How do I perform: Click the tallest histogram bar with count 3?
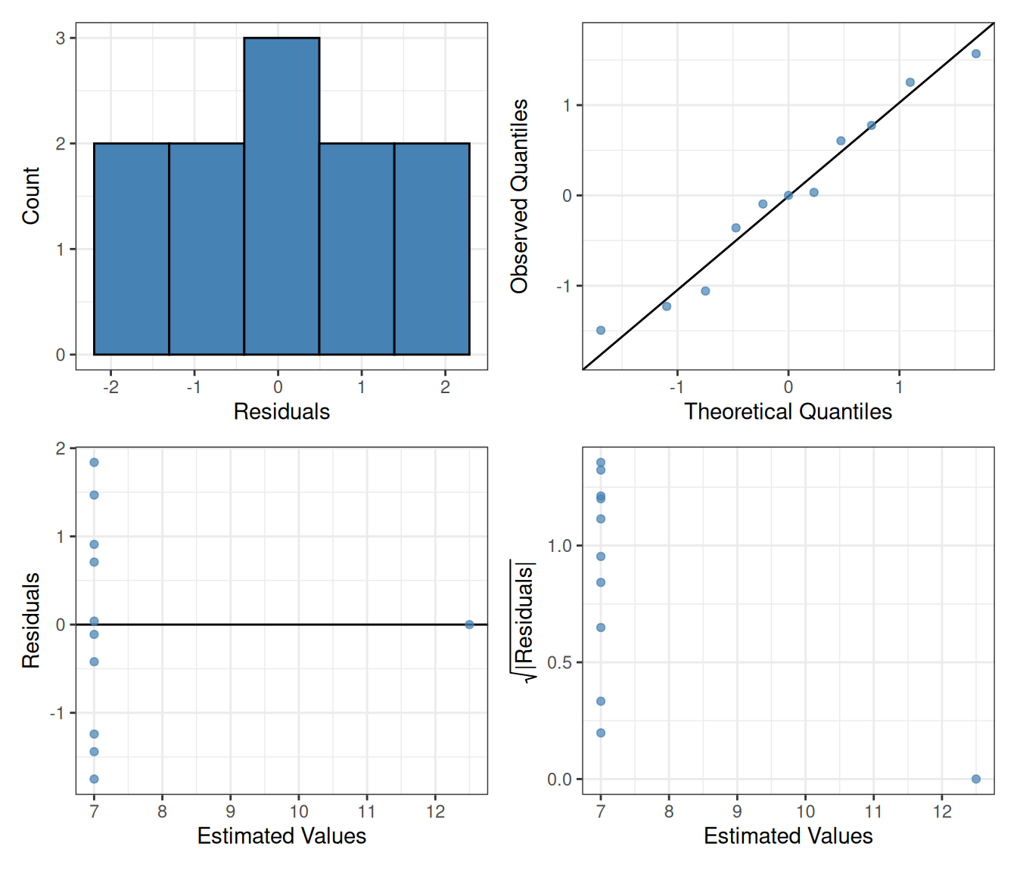(281, 196)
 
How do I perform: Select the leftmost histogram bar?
(131, 249)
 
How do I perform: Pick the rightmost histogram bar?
(431, 249)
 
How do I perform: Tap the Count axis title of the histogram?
(30, 196)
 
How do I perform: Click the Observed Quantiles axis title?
(519, 196)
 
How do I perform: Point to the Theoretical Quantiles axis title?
(788, 411)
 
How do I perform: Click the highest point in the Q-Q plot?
(976, 54)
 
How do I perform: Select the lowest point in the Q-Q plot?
(601, 330)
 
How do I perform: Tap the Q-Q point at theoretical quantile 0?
(788, 195)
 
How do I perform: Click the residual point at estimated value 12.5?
(469, 625)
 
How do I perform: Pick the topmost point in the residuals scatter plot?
(94, 463)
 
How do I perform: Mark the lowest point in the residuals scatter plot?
(94, 779)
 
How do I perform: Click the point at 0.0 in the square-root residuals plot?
(976, 779)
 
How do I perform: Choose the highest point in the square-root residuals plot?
(601, 463)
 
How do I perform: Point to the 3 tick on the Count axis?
(61, 38)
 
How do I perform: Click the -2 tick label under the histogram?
(110, 387)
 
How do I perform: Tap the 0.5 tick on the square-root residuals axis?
(560, 662)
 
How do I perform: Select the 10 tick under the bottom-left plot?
(299, 811)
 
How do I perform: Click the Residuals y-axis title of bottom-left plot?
(30, 620)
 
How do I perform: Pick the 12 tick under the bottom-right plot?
(942, 811)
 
